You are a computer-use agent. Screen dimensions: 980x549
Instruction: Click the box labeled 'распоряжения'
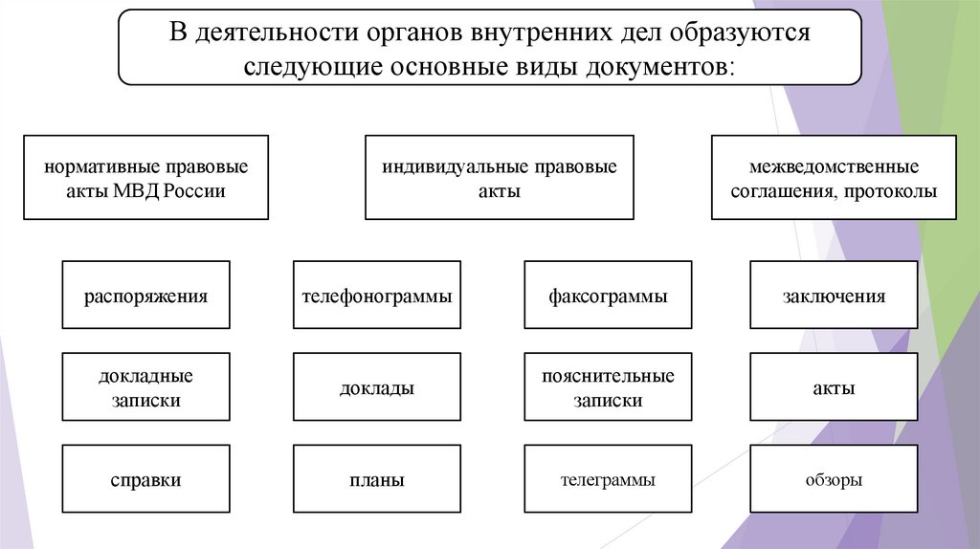pyautogui.click(x=145, y=296)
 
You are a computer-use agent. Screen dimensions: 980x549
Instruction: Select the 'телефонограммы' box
pyautogui.click(x=376, y=296)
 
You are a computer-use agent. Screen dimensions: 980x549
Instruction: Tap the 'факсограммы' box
pyautogui.click(x=608, y=296)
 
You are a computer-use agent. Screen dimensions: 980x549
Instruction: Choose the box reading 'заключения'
pyautogui.click(x=834, y=296)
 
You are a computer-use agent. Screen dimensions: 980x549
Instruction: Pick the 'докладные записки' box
pyautogui.click(x=145, y=387)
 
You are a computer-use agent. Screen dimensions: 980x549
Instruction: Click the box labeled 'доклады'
pyautogui.click(x=376, y=388)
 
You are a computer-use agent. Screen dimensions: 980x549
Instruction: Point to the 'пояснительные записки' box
pyautogui.click(x=608, y=387)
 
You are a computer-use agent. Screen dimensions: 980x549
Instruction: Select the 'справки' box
pyautogui.click(x=145, y=480)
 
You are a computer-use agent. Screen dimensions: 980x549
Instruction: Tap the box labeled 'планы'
pyautogui.click(x=376, y=480)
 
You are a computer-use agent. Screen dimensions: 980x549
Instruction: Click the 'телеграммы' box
pyautogui.click(x=608, y=480)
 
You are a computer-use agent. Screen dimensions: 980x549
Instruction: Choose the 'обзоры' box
pyautogui.click(x=834, y=480)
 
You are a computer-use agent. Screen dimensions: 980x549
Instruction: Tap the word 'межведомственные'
pyautogui.click(x=835, y=166)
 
